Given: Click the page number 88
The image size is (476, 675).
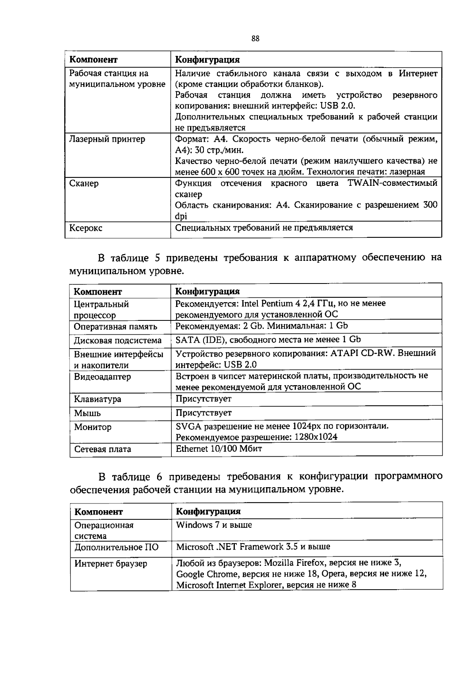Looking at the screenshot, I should point(255,39).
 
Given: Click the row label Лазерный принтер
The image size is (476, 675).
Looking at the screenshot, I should point(107,139).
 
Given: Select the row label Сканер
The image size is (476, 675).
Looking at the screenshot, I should point(84,183).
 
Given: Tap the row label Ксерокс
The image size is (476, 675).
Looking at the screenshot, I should point(86,228).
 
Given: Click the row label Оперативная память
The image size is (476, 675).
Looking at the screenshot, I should point(115,327).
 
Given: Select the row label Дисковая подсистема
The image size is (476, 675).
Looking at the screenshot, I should point(118,341).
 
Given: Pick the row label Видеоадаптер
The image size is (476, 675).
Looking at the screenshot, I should point(102,376).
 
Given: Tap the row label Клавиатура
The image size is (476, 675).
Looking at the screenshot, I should point(98,399).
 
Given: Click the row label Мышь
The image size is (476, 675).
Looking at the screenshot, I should point(87,413).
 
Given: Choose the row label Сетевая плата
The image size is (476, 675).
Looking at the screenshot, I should point(103,449).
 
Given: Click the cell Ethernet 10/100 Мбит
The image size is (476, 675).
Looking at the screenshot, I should point(219,449).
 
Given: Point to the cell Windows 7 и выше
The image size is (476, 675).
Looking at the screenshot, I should point(214,525).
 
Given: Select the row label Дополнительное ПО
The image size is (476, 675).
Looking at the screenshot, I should point(117,547).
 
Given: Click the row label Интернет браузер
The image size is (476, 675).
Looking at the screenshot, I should point(111,563).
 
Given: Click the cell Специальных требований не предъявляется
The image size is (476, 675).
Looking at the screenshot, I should point(264,228).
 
